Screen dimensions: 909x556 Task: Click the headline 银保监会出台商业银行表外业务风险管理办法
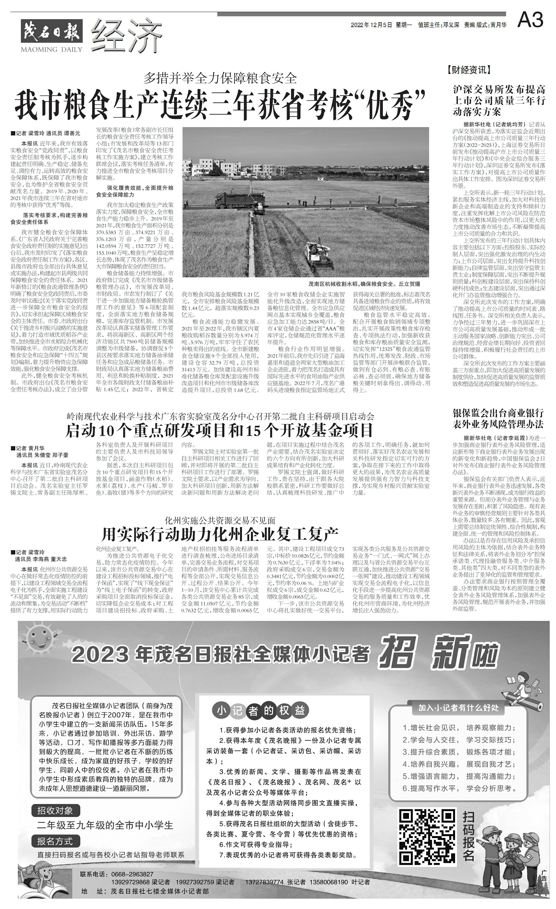tap(498, 418)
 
